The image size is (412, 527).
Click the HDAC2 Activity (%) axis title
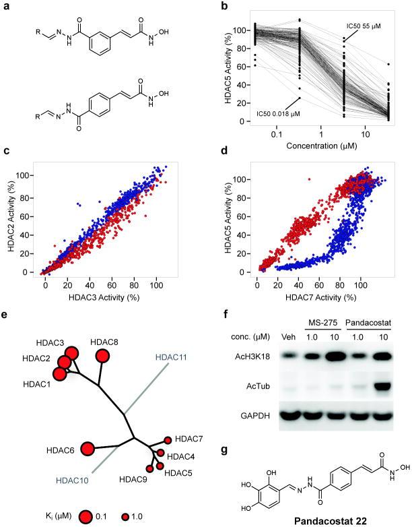click(x=10, y=217)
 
